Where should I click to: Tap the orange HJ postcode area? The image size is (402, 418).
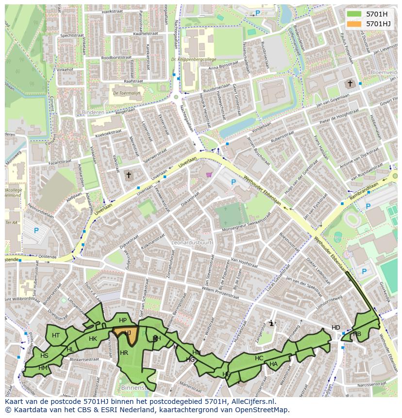pyautogui.click(x=127, y=334)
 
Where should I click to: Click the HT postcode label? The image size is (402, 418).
pyautogui.click(x=56, y=335)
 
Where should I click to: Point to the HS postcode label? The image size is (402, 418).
pyautogui.click(x=44, y=356)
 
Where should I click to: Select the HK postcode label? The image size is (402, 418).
pyautogui.click(x=93, y=338)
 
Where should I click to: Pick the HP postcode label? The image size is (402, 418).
pyautogui.click(x=123, y=320)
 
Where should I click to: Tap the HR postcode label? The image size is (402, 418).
pyautogui.click(x=124, y=353)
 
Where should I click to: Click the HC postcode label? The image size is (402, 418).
pyautogui.click(x=259, y=358)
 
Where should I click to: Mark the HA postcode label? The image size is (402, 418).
pyautogui.click(x=273, y=364)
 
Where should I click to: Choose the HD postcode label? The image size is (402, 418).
pyautogui.click(x=336, y=328)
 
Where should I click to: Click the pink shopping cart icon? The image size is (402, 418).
pyautogui.click(x=209, y=175)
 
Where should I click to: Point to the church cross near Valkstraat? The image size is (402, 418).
pyautogui.click(x=129, y=174)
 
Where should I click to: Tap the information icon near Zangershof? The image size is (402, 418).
pyautogui.click(x=271, y=323)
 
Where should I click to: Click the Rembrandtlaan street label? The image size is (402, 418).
pyautogui.click(x=364, y=193)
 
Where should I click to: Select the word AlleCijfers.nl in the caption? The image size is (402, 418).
pyautogui.click(x=252, y=401)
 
